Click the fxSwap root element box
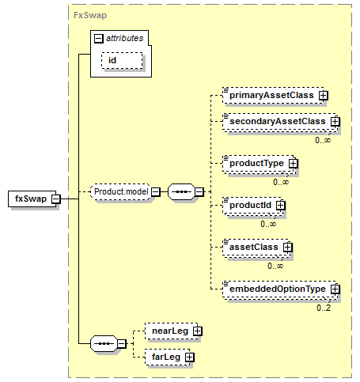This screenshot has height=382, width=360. [x=32, y=199]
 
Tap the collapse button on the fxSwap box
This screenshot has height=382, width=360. [x=56, y=199]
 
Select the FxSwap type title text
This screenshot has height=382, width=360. [x=90, y=15]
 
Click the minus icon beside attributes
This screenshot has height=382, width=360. [x=99, y=39]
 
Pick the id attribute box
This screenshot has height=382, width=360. [x=122, y=61]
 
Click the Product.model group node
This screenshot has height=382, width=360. [x=120, y=191]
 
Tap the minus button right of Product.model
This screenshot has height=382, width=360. [x=156, y=191]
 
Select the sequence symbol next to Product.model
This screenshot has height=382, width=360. [x=181, y=191]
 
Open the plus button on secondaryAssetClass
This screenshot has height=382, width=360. [x=335, y=122]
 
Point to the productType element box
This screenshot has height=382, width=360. [x=258, y=164]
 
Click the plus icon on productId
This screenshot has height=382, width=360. [x=281, y=206]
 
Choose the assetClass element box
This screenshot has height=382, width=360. [x=255, y=248]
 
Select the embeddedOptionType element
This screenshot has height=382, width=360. [x=279, y=289]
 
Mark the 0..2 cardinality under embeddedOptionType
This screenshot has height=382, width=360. [x=324, y=308]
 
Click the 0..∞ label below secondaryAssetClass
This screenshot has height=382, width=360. [x=323, y=140]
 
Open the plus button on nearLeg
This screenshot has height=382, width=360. [x=198, y=331]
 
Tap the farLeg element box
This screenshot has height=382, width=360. [x=168, y=357]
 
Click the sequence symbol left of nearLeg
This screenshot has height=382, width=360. [x=104, y=343]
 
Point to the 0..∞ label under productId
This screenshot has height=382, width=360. [x=268, y=224]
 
